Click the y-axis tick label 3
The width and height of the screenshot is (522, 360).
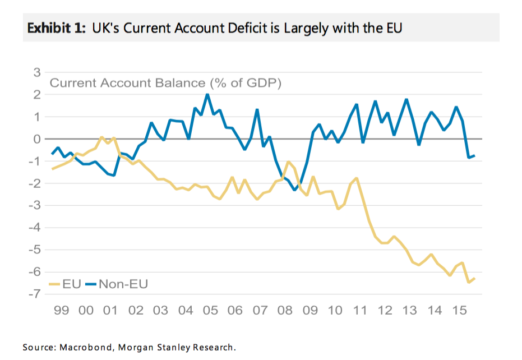(x=37, y=72)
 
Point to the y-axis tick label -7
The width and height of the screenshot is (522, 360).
(x=35, y=294)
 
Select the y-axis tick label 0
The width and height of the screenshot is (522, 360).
(x=37, y=139)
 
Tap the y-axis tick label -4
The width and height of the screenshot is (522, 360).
(x=35, y=228)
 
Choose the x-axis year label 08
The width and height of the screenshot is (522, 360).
(x=285, y=311)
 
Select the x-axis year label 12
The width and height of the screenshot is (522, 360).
(x=385, y=311)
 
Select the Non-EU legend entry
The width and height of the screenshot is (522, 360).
(x=116, y=284)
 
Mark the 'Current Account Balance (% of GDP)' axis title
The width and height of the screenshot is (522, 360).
(x=165, y=84)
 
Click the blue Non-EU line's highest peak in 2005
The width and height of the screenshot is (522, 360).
(x=207, y=94)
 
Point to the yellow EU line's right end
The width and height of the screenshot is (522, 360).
(x=475, y=279)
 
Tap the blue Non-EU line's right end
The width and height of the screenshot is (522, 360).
(x=475, y=155)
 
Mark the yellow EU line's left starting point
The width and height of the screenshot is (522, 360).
(x=52, y=169)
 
